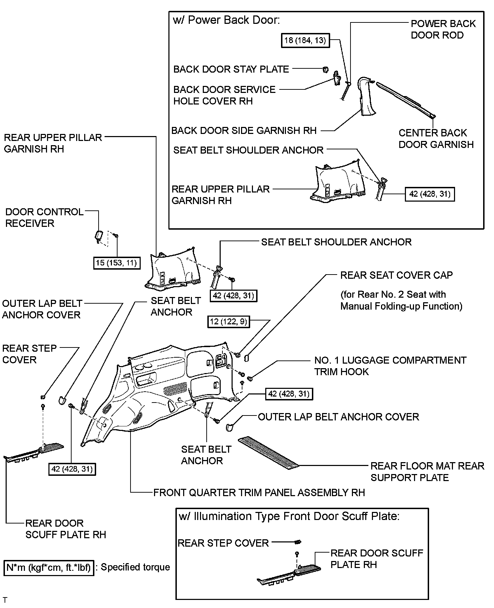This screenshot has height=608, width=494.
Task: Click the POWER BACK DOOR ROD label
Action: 443,29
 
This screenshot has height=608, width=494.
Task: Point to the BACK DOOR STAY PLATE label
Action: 231,69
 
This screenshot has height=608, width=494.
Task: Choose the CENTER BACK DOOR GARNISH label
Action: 436,139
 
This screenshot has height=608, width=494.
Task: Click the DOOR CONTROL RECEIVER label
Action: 44,217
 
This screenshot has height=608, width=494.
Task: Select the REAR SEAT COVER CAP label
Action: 396,275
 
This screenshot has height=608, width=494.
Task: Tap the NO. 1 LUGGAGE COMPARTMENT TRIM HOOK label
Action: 390,366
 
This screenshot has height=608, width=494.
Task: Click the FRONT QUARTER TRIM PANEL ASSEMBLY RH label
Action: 259,492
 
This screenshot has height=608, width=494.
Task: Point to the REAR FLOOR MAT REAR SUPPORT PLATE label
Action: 427,472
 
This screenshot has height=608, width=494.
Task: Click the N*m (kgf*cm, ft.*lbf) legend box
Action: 49,567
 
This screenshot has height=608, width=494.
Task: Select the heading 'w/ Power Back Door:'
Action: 226,20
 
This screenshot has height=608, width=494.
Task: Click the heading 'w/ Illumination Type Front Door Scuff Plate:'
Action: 289,516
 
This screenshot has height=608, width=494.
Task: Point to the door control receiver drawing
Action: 99,235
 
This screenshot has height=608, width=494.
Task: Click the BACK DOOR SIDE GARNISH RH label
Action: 244,130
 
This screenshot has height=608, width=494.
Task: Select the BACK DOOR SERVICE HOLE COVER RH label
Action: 224,95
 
